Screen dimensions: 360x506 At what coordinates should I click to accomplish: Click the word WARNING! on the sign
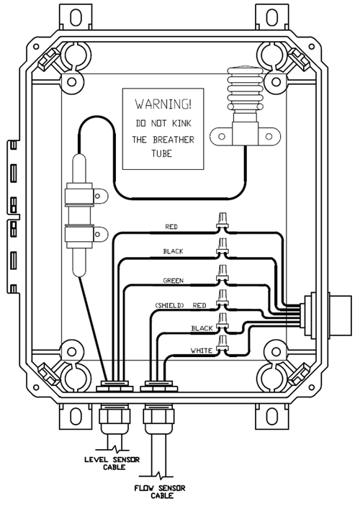click(x=163, y=104)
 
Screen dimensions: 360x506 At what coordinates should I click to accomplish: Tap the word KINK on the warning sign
click(x=181, y=123)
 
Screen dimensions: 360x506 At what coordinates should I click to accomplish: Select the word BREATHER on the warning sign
click(x=174, y=140)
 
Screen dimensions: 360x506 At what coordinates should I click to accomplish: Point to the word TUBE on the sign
click(x=162, y=153)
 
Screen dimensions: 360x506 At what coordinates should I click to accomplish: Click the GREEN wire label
click(x=174, y=281)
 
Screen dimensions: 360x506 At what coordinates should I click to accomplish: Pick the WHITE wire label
click(x=202, y=351)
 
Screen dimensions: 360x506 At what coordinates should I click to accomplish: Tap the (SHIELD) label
click(x=169, y=305)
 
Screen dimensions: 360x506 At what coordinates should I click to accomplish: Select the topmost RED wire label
click(x=171, y=227)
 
